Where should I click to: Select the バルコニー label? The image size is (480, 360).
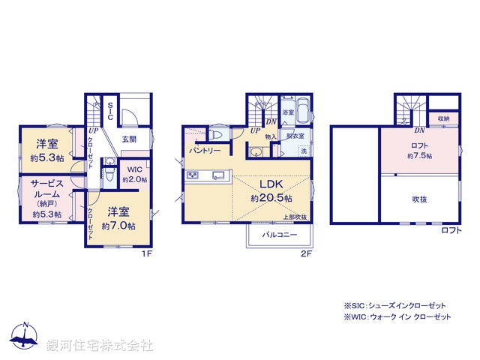(x=279, y=235)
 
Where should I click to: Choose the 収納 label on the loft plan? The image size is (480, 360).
(x=444, y=118)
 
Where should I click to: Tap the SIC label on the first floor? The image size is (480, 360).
(x=109, y=112)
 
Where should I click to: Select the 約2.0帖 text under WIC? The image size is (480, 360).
(x=135, y=180)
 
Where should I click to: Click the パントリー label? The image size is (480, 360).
(x=204, y=151)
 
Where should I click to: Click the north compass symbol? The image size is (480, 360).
(x=25, y=338)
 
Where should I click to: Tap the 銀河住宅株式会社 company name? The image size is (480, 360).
(x=100, y=346)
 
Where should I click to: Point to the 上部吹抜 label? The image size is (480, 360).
(x=295, y=217)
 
